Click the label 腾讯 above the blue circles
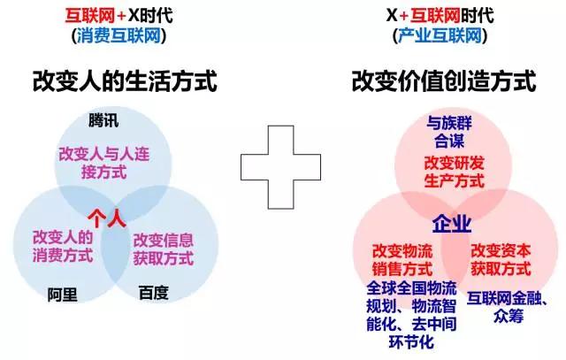pyautogui.click(x=103, y=120)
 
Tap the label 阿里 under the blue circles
pyautogui.click(x=63, y=295)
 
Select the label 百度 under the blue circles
pyautogui.click(x=154, y=293)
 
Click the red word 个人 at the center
pyautogui.click(x=107, y=218)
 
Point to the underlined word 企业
pyautogui.click(x=452, y=224)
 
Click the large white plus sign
pyautogui.click(x=281, y=167)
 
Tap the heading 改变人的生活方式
pyautogui.click(x=125, y=80)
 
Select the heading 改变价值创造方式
pyautogui.click(x=444, y=80)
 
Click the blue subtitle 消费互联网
pyautogui.click(x=119, y=36)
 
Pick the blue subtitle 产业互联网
pyautogui.click(x=440, y=36)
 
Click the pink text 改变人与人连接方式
pyautogui.click(x=104, y=163)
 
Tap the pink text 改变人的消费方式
pyautogui.click(x=63, y=246)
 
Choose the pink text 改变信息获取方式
pyautogui.click(x=164, y=249)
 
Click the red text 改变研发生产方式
pyautogui.click(x=454, y=172)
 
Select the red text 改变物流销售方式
pyautogui.click(x=402, y=260)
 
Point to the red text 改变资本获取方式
pyautogui.click(x=501, y=260)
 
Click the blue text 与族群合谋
pyautogui.click(x=449, y=132)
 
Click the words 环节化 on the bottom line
pyautogui.click(x=411, y=342)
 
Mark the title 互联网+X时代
pyautogui.click(x=119, y=16)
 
